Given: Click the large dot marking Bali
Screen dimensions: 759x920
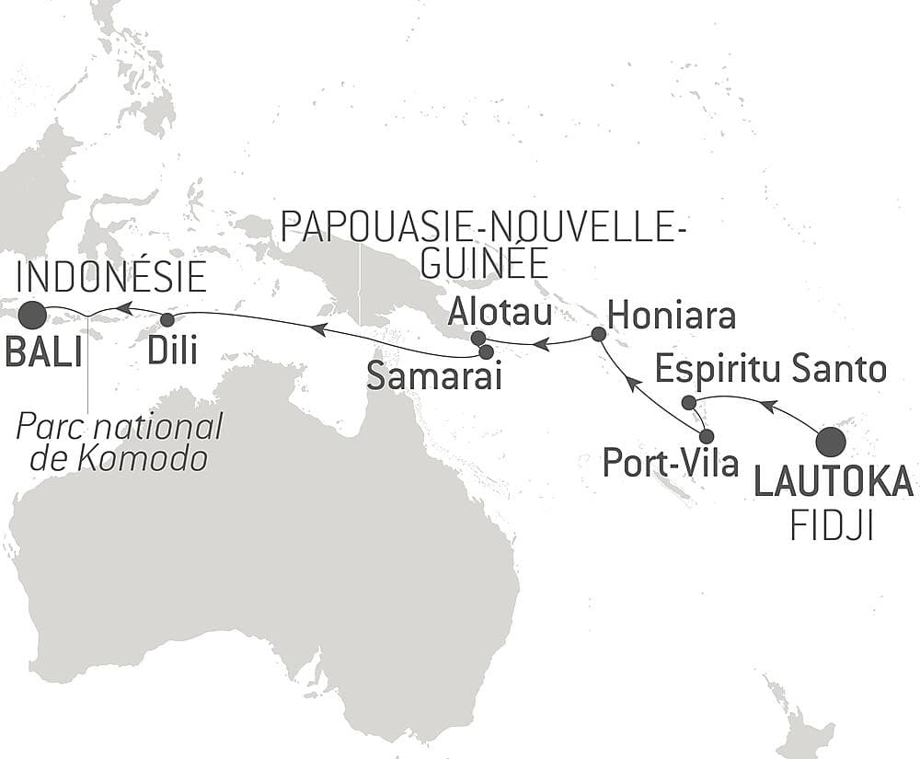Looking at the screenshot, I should [33, 316].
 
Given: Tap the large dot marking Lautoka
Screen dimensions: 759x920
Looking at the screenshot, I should [831, 442].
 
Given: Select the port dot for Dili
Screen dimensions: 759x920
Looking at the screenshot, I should [167, 320].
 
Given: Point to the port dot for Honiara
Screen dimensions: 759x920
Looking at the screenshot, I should [598, 334].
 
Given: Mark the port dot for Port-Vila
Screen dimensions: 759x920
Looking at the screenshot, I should [707, 436].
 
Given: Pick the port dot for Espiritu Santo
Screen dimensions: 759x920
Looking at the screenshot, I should [687, 401].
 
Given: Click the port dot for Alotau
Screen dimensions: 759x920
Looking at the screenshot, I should [477, 339].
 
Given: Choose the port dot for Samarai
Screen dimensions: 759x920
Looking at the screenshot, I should [486, 351].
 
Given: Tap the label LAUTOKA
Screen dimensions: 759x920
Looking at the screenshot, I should [834, 482].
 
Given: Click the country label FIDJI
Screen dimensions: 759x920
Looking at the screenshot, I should [832, 526].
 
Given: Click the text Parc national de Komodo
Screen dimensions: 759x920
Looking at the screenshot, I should [120, 442].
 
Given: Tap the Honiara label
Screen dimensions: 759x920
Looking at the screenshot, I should [673, 316].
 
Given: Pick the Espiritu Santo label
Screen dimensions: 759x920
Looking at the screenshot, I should [771, 370].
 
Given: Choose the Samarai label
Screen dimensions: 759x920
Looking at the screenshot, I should [434, 375].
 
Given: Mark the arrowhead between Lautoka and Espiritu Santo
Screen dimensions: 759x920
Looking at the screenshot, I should [771, 405].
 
